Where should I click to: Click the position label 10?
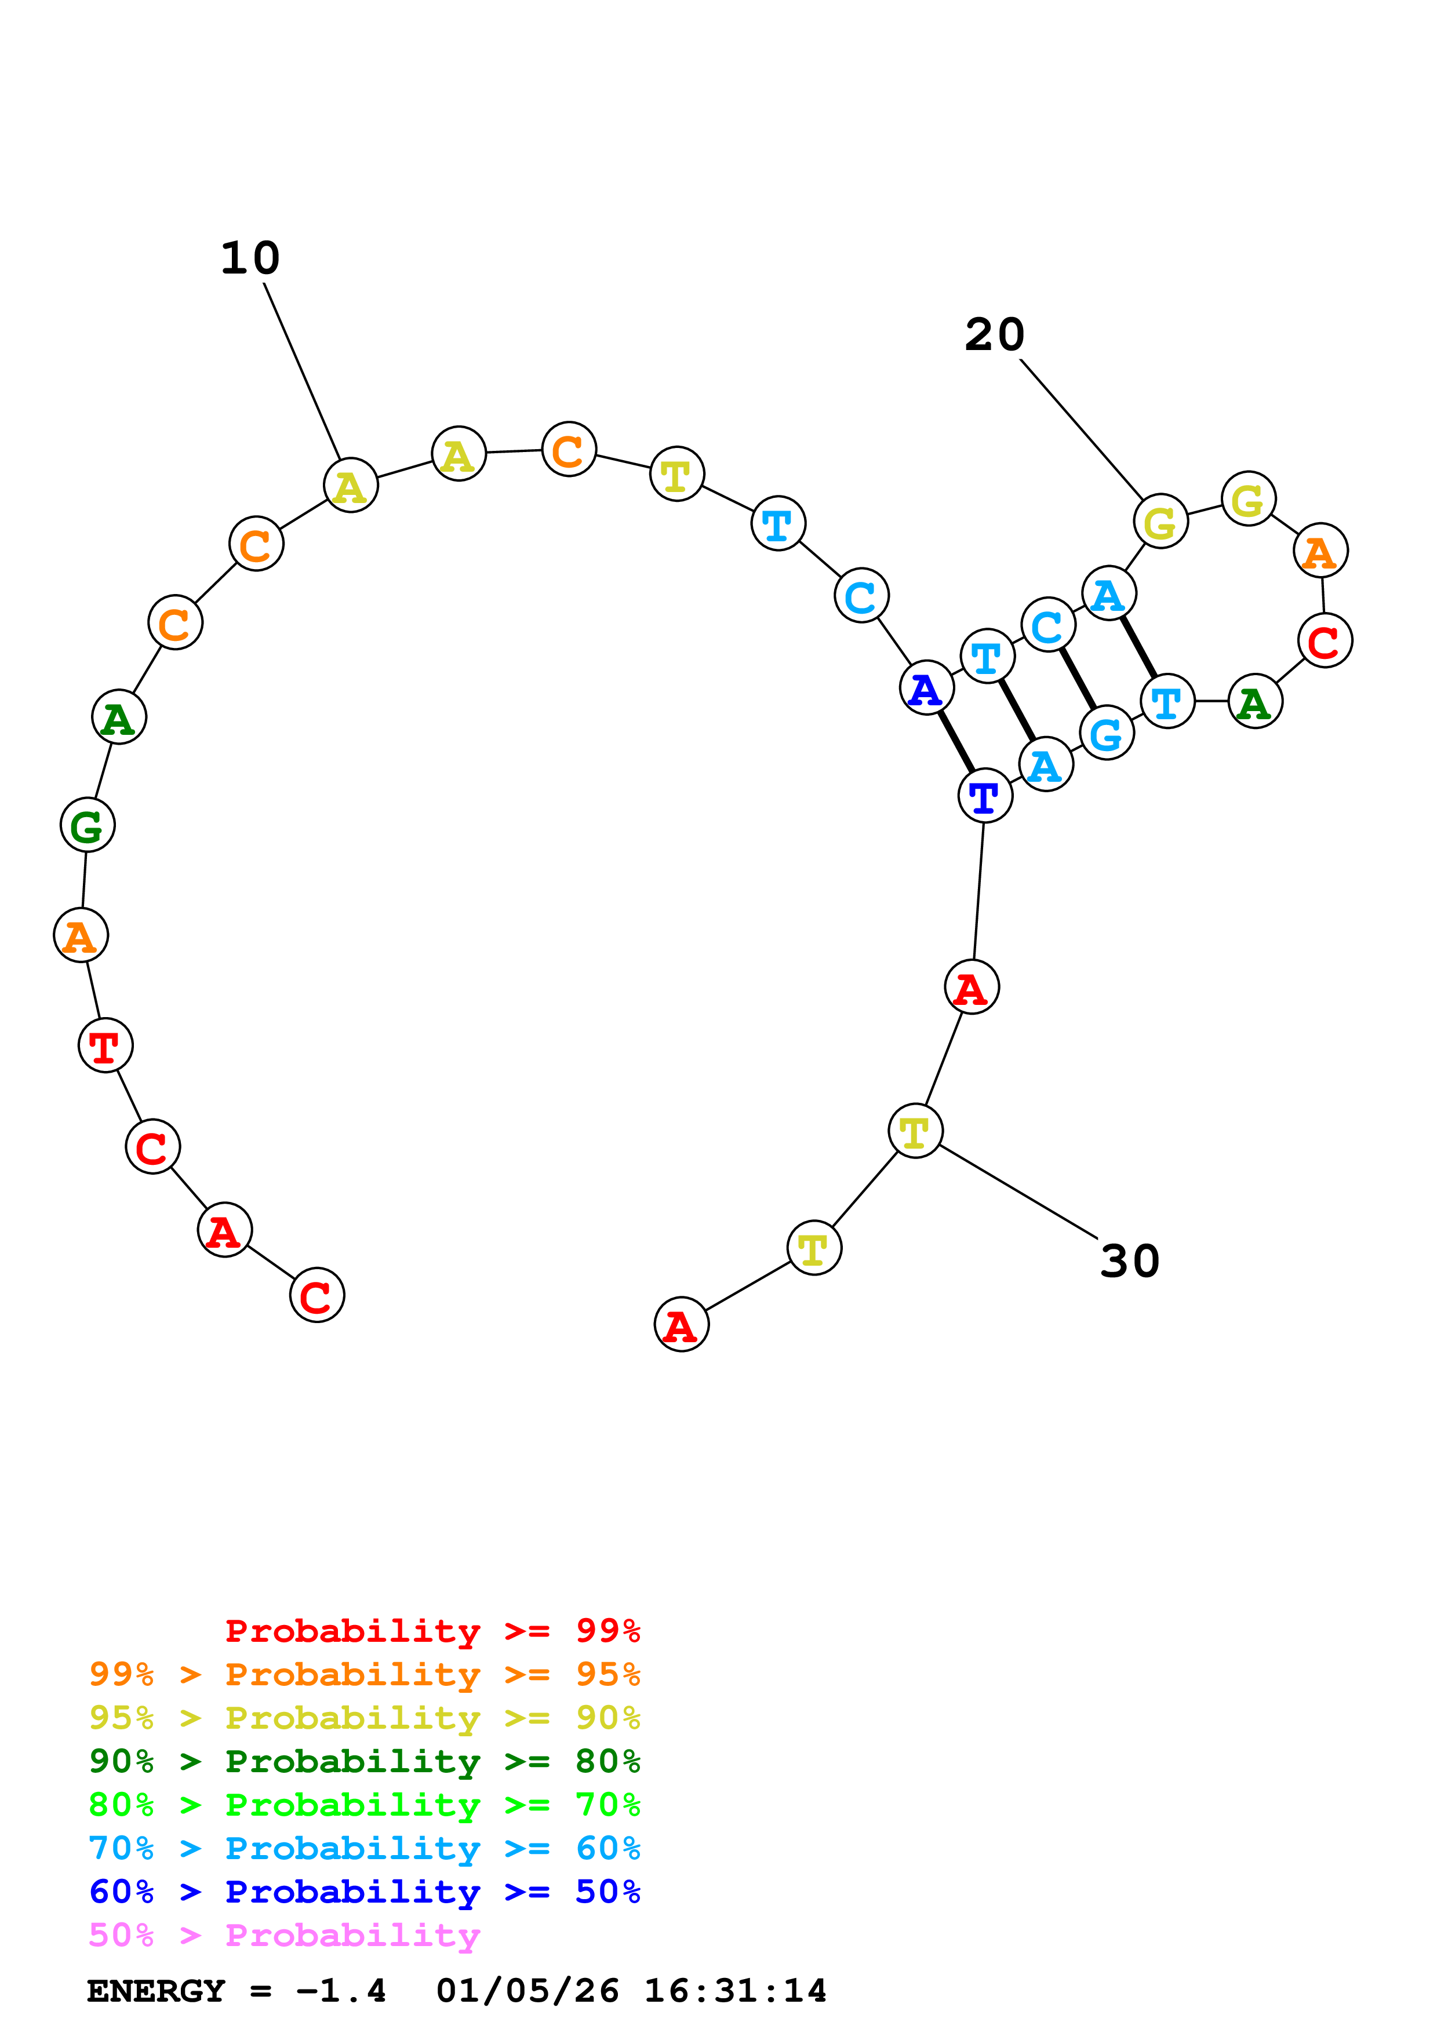point(250,258)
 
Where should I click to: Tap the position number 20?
point(994,336)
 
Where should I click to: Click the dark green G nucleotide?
point(88,825)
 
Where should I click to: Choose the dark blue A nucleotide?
point(926,688)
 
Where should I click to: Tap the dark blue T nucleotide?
point(984,796)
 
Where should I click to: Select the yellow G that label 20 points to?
point(1160,522)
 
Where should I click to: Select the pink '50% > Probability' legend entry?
point(284,1936)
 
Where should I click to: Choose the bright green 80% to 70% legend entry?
point(364,1805)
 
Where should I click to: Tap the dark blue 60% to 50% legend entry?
point(364,1892)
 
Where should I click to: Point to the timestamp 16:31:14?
point(735,1991)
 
